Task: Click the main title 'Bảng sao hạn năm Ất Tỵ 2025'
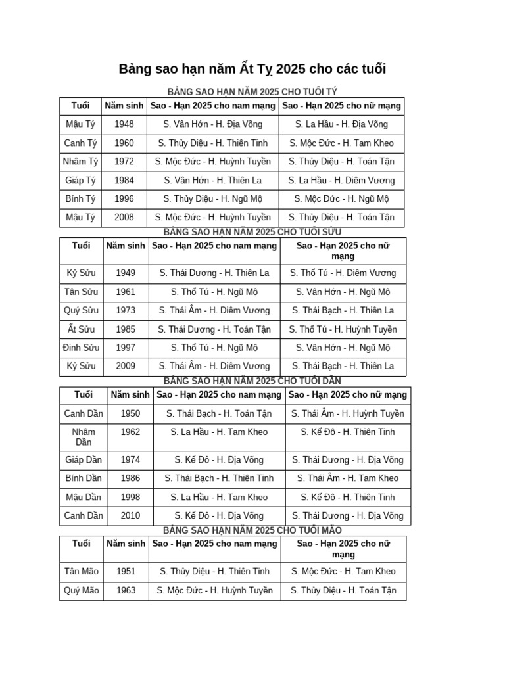point(252,69)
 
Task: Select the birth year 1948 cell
point(124,124)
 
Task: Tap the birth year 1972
point(124,162)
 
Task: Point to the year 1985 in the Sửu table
point(126,329)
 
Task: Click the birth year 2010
point(130,516)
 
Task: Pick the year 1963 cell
point(126,590)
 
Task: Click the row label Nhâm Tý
point(81,162)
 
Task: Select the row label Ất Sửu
point(82,329)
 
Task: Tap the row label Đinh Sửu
point(82,348)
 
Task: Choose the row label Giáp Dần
point(84,460)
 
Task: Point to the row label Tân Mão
point(82,572)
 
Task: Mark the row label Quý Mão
point(82,590)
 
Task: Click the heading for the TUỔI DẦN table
point(252,381)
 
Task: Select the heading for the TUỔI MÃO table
point(252,530)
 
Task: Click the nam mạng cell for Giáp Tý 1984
point(213,180)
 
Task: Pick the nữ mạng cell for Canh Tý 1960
point(341,143)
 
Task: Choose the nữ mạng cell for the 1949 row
point(343,273)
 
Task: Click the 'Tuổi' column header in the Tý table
point(81,105)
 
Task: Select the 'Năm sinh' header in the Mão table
point(126,544)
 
